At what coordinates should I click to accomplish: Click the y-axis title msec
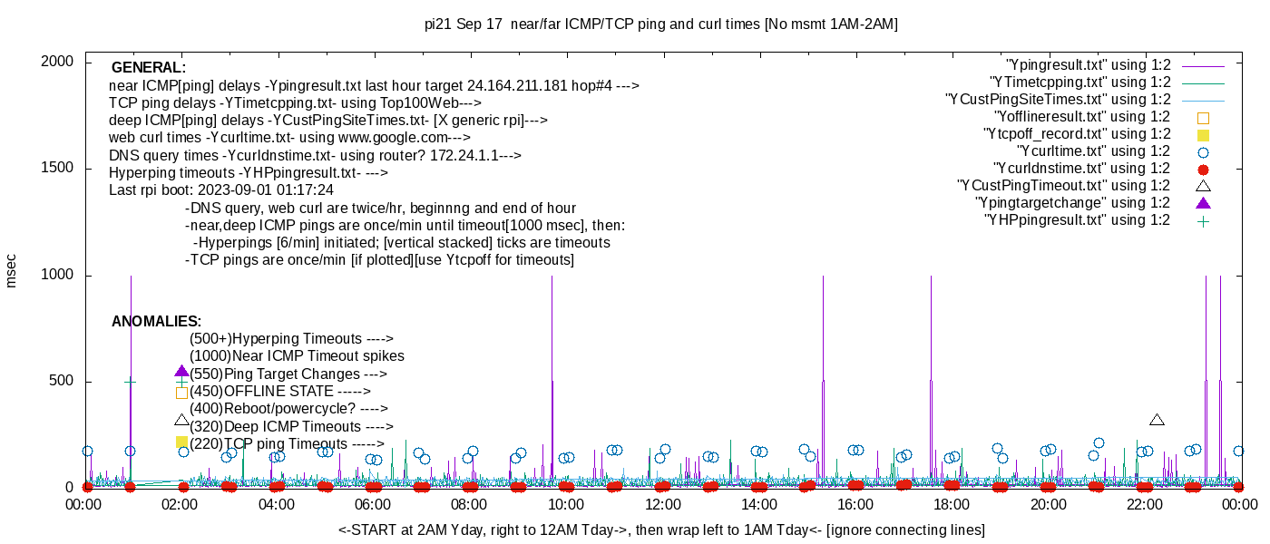pyautogui.click(x=12, y=271)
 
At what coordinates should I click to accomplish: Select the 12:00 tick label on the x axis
pyautogui.click(x=662, y=505)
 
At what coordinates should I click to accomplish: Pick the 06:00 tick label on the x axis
pyautogui.click(x=373, y=505)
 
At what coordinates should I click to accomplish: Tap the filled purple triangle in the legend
pyautogui.click(x=1204, y=203)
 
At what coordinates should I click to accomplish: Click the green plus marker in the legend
pyautogui.click(x=1204, y=220)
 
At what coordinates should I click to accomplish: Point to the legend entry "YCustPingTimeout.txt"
pyautogui.click(x=1064, y=186)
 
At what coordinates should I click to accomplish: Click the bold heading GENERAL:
pyautogui.click(x=149, y=68)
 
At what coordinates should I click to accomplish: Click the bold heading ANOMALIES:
pyautogui.click(x=156, y=322)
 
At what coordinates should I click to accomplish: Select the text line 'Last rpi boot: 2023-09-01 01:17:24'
pyautogui.click(x=221, y=190)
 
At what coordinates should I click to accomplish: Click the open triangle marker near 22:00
pyautogui.click(x=1157, y=420)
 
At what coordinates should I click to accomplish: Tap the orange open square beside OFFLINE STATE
pyautogui.click(x=181, y=393)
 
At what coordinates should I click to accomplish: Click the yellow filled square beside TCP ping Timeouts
pyautogui.click(x=181, y=442)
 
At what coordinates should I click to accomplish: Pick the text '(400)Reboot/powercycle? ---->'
pyautogui.click(x=288, y=409)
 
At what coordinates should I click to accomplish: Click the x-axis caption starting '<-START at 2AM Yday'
pyautogui.click(x=661, y=529)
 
